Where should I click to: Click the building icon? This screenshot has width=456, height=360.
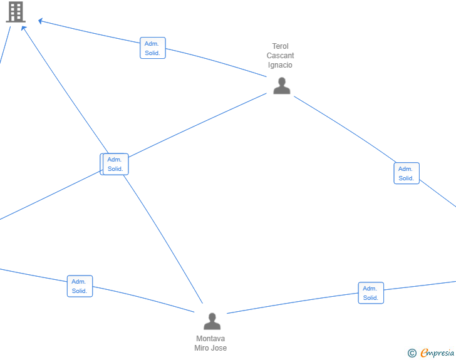point(16,12)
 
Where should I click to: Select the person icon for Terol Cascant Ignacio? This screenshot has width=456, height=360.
point(281,86)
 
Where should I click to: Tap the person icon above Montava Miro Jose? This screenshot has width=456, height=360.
point(212,321)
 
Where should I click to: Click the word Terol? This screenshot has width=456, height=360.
point(281,46)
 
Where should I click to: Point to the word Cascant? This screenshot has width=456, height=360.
point(281,56)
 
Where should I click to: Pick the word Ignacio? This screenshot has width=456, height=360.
point(280,65)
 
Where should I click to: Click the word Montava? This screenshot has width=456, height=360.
point(210,339)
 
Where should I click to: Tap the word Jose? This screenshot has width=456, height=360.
point(219,347)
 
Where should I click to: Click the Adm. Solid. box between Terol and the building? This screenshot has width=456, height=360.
point(153,48)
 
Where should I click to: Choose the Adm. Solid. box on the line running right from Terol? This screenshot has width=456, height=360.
point(407,173)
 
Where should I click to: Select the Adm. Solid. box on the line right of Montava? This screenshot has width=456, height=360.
point(371,293)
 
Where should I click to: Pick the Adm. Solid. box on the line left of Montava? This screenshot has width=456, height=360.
point(80,286)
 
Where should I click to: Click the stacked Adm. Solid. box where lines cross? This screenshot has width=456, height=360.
point(115,164)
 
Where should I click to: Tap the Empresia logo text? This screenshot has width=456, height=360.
point(437,352)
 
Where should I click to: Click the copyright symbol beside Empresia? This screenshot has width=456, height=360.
point(412,353)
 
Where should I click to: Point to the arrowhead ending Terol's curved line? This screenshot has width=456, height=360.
point(40,21)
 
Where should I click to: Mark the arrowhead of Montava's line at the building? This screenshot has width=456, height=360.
point(24,28)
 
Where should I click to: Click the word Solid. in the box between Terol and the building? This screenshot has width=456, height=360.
point(152,53)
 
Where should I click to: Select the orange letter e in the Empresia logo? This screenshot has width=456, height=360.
point(424,352)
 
